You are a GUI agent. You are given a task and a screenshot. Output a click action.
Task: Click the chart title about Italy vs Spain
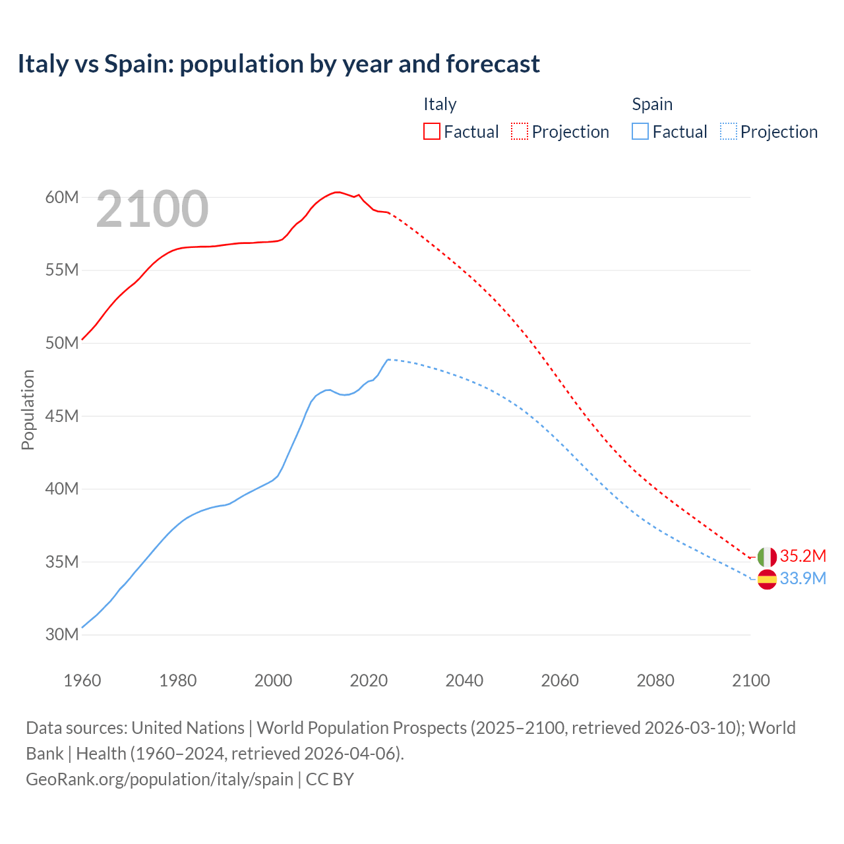[278, 64]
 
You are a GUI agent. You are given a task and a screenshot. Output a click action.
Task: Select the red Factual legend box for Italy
[431, 131]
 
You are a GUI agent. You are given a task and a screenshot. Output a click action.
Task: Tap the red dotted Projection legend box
[520, 131]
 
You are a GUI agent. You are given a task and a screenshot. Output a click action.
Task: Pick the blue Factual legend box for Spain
[640, 131]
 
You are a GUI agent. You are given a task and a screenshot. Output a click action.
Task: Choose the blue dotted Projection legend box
[728, 131]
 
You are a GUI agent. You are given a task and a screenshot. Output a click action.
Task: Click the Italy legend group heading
[440, 104]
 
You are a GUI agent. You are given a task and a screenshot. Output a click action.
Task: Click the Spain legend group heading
[652, 104]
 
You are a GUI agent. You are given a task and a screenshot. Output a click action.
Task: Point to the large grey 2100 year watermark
[152, 209]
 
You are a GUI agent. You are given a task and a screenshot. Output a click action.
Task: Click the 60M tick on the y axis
[62, 197]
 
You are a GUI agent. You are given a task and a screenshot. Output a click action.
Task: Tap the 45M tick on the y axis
[62, 416]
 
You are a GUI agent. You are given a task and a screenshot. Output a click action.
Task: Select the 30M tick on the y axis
[62, 634]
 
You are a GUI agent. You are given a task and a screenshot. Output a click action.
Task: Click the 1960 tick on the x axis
[82, 680]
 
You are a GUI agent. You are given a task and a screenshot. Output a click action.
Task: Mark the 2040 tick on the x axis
[464, 680]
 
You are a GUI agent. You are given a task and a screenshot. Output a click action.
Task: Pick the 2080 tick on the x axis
[655, 680]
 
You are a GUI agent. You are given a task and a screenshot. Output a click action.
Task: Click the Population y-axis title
[28, 409]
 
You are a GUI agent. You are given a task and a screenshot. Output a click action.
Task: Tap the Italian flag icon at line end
[767, 557]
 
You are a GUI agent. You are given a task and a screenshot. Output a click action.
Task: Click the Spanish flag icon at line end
[767, 579]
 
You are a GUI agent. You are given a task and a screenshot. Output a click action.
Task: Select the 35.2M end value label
[802, 556]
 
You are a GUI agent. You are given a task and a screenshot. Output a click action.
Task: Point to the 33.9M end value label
[802, 578]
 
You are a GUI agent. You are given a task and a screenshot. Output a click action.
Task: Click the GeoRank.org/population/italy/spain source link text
[160, 779]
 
